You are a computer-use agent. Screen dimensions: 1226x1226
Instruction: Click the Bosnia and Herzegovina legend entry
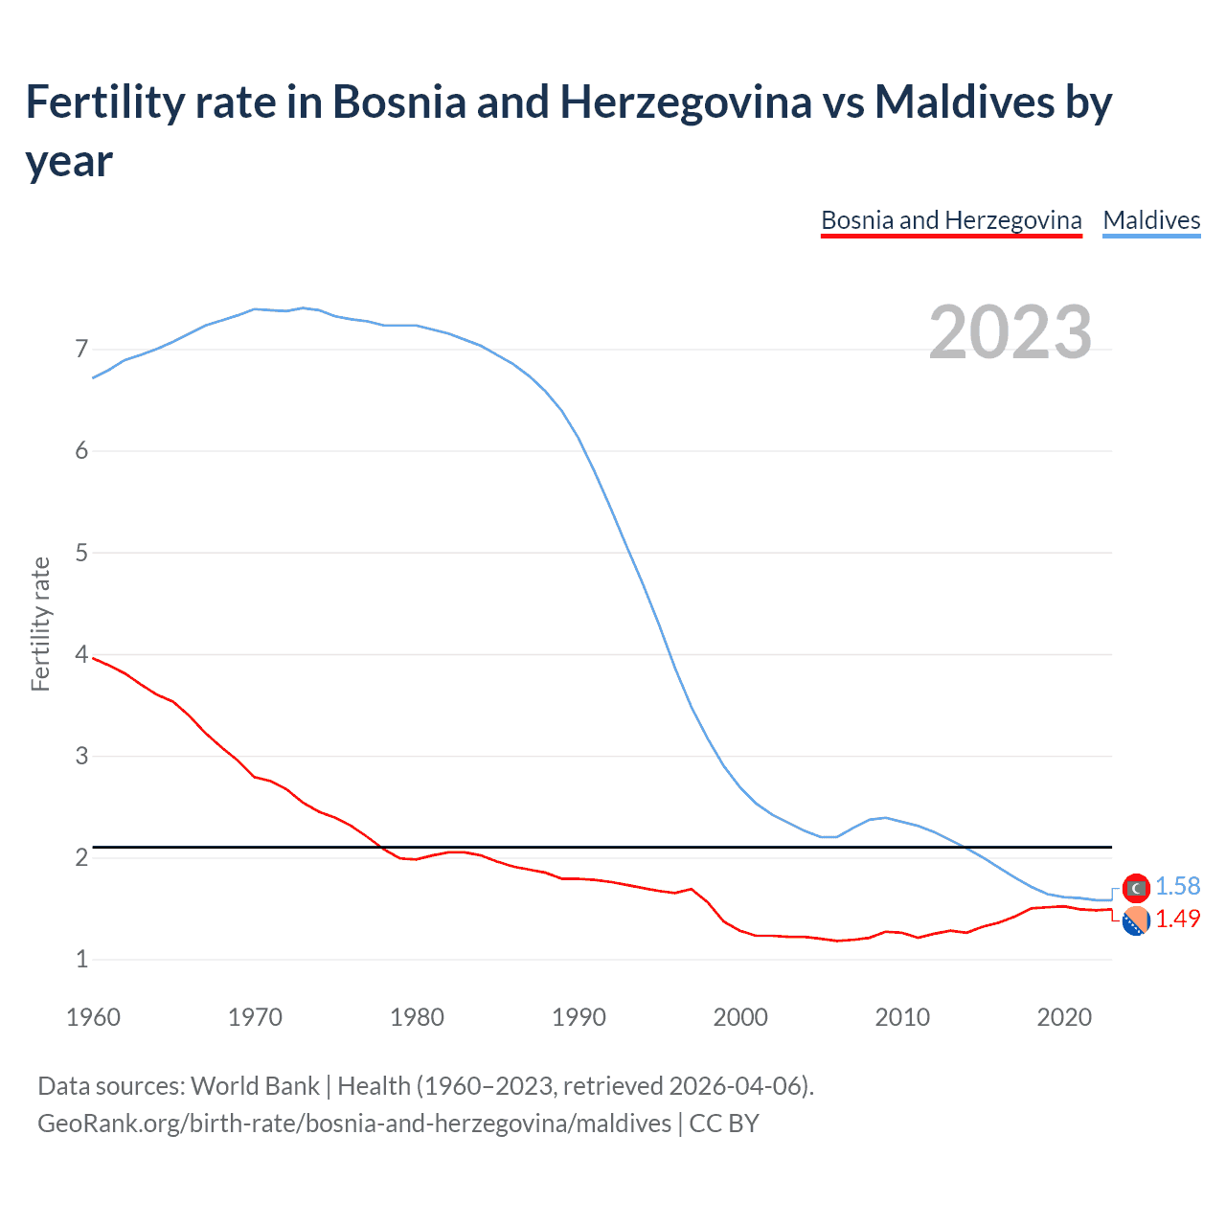(951, 220)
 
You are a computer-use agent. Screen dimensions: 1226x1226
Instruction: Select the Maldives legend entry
(1151, 220)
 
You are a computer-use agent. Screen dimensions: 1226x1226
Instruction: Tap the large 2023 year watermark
(1010, 332)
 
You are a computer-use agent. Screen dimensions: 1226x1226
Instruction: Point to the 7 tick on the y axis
(81, 349)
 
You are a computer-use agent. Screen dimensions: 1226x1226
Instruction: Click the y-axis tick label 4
(81, 654)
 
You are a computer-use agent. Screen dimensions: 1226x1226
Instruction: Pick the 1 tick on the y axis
(81, 959)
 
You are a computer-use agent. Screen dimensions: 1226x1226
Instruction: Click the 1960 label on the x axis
(93, 1017)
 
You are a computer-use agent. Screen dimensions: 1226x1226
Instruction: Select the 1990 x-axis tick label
(579, 1017)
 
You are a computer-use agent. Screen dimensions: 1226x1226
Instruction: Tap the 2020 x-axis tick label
(1064, 1017)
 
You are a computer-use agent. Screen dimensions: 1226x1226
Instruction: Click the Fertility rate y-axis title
(40, 624)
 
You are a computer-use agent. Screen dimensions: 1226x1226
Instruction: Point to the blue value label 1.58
(1177, 887)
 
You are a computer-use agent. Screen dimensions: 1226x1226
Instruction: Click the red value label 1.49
(1177, 919)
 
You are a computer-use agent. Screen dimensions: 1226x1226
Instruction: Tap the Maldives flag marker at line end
(1136, 889)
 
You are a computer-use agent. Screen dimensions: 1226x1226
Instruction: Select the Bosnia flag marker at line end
(1136, 921)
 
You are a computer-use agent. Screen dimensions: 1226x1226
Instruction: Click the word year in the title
(69, 160)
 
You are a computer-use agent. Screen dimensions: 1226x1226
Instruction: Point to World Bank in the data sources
(255, 1086)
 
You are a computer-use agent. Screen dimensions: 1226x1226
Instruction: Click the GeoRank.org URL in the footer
(354, 1123)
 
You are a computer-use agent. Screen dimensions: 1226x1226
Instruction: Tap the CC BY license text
(724, 1123)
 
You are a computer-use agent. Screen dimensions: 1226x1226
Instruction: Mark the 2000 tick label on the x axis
(740, 1017)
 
